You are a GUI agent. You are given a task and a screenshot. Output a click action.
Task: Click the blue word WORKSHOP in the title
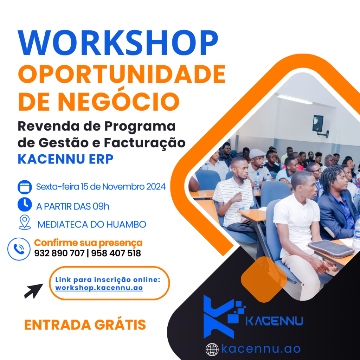(118, 43)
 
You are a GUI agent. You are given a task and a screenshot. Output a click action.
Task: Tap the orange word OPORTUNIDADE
(122, 75)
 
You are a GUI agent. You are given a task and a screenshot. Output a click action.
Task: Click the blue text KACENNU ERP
(66, 159)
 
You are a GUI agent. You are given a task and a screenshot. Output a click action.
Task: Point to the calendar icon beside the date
(25, 187)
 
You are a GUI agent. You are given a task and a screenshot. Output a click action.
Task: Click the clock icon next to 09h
(25, 204)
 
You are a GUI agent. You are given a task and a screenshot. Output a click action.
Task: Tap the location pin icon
(25, 222)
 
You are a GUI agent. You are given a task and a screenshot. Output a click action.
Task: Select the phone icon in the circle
(19, 249)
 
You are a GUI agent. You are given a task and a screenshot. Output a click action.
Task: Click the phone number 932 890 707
(59, 253)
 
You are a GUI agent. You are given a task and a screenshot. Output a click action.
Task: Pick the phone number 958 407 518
(116, 253)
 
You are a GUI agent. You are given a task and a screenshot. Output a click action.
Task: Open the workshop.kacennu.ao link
(99, 288)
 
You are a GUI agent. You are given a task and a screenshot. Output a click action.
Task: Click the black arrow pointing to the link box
(33, 291)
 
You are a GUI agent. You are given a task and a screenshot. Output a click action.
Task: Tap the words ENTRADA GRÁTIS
(85, 324)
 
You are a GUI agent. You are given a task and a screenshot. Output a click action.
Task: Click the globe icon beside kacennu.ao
(212, 349)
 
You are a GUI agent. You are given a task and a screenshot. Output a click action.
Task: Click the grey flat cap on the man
(257, 153)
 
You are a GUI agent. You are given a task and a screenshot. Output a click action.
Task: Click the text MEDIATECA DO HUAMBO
(92, 225)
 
